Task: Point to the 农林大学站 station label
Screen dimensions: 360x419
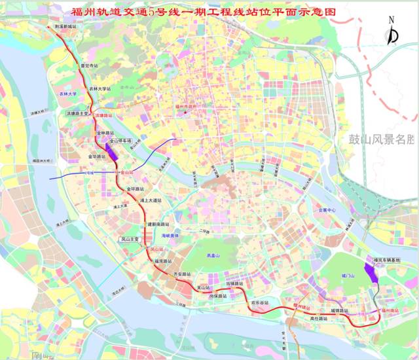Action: click(102, 88)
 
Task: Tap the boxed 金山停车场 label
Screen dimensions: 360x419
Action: click(120, 141)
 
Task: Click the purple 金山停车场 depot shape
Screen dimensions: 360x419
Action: click(112, 152)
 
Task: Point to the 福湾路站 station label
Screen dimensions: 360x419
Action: click(162, 261)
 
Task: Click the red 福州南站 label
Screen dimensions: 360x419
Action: click(390, 310)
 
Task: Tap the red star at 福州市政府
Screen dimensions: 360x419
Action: click(185, 113)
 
